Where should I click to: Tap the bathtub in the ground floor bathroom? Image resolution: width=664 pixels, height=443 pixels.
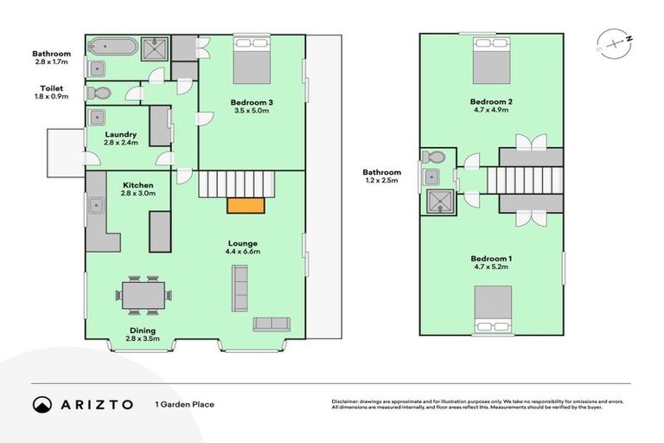[113, 47]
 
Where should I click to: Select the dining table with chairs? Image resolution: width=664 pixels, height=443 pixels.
[140, 295]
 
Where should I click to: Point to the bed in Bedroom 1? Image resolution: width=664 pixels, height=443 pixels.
[491, 308]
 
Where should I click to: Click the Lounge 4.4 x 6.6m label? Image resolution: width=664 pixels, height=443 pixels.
[243, 247]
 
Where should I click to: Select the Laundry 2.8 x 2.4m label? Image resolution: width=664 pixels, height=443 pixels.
[120, 138]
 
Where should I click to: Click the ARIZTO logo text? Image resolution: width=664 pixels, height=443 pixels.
[97, 404]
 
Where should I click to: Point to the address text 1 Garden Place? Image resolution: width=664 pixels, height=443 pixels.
[184, 404]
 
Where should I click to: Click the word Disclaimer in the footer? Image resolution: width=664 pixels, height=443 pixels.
[348, 401]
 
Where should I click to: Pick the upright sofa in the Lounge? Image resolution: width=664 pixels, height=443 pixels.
[239, 288]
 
